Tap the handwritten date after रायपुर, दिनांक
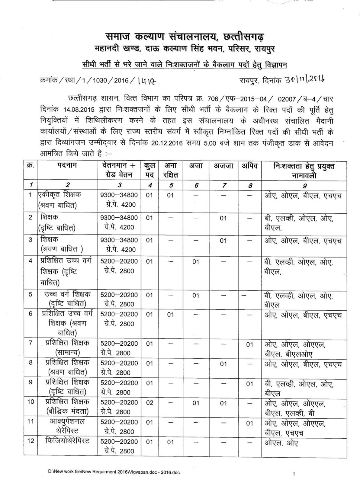click(x=304, y=80)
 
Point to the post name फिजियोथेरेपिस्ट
click(x=67, y=441)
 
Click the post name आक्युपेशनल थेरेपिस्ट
click(x=67, y=426)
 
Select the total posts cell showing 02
click(x=149, y=403)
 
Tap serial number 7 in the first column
click(x=31, y=343)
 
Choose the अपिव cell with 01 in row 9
click(x=249, y=384)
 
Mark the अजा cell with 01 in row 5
click(x=196, y=295)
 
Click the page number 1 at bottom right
click(x=294, y=474)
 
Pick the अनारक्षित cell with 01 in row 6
click(x=171, y=315)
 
